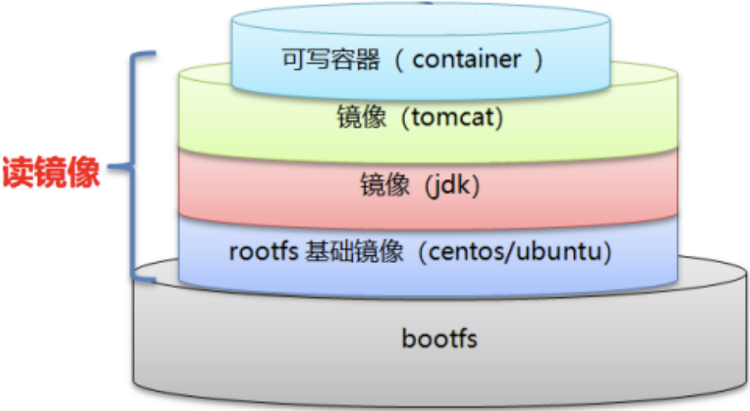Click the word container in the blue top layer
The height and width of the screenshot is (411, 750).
[467, 59]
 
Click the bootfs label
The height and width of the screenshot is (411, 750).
[439, 339]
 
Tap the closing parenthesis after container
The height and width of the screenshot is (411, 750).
[539, 60]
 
